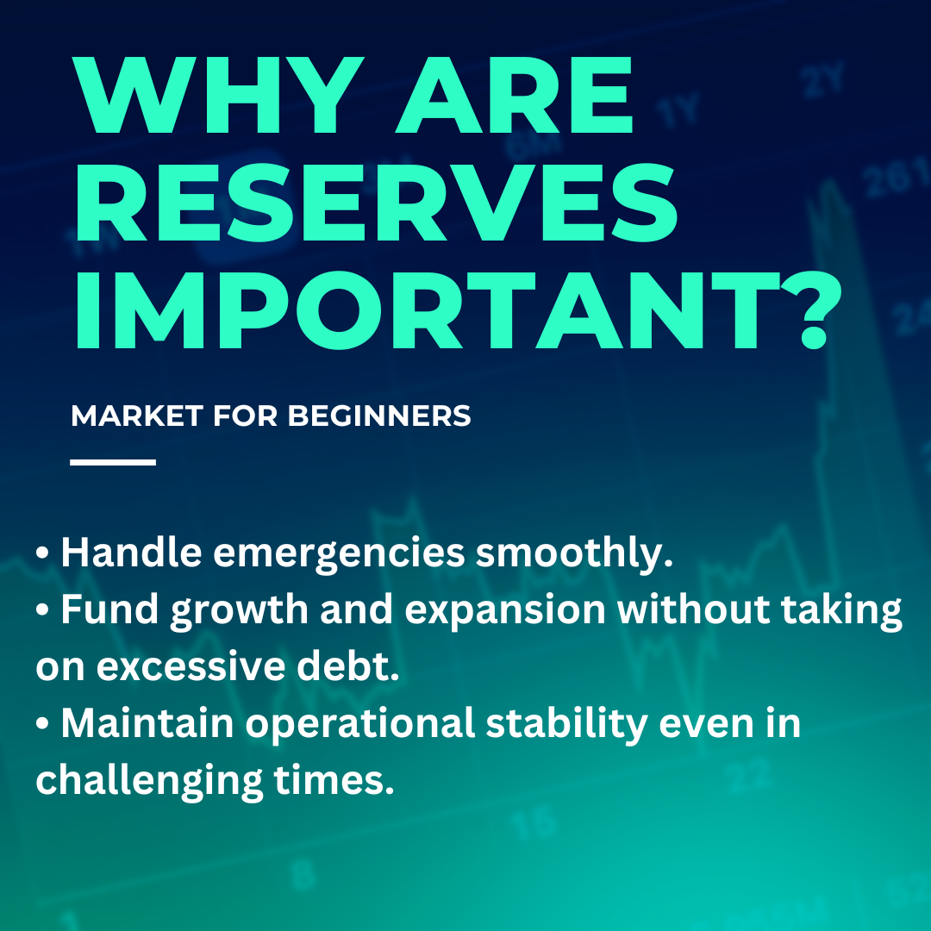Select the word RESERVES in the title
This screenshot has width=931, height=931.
point(376,203)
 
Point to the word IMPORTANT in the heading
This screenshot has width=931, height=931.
point(428,310)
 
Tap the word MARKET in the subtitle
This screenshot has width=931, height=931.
point(137,416)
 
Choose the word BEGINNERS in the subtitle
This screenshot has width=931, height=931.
point(379,416)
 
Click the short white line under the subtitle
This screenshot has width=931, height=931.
point(113,462)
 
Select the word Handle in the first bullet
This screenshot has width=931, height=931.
point(131,553)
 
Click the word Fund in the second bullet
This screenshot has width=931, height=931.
point(109,609)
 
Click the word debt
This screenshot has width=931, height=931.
point(348,666)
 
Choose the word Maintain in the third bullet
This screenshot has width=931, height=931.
point(147,723)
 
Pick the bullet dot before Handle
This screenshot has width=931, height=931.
point(41,553)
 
